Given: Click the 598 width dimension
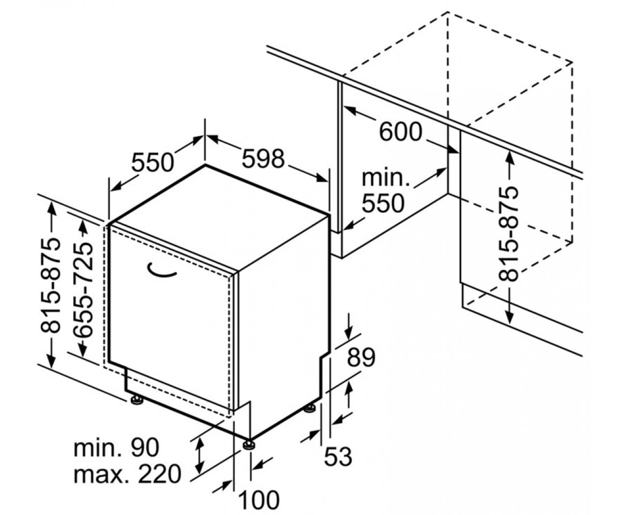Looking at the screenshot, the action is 263,159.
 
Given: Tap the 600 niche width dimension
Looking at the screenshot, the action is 400,132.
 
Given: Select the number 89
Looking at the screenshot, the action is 361,357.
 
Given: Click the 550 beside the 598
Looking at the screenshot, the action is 152,162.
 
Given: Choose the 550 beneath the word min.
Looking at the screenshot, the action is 383,203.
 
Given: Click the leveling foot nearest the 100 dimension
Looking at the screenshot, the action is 249,445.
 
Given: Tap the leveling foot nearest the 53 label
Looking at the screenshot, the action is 310,408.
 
